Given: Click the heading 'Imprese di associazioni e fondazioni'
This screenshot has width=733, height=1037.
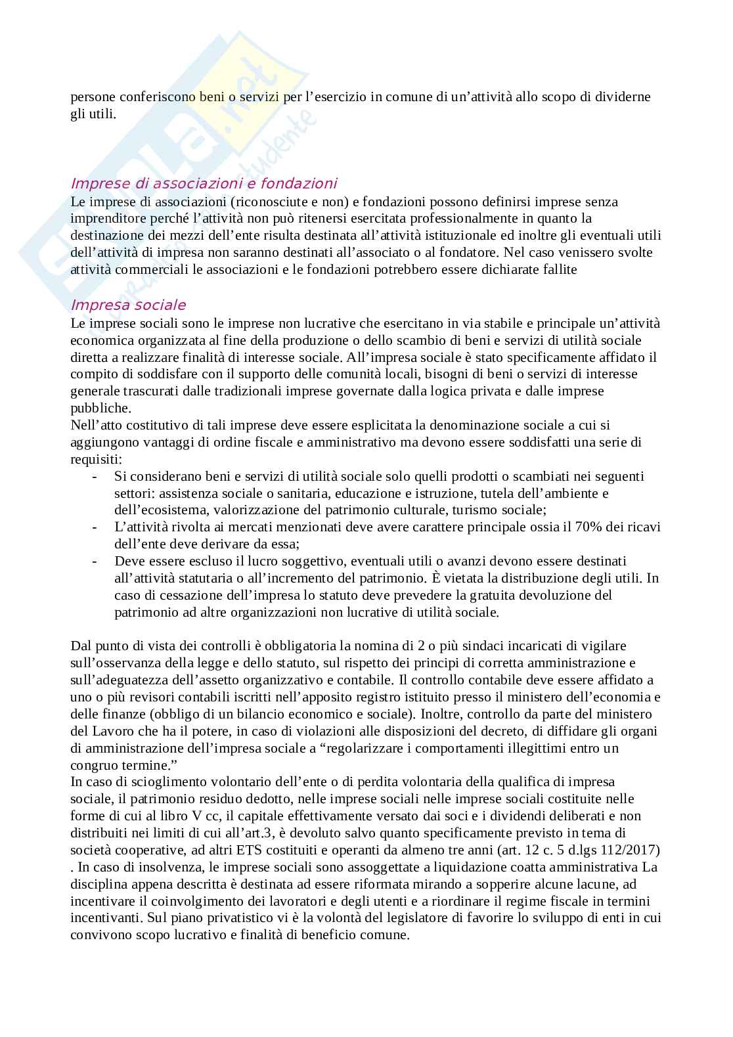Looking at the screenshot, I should pyautogui.click(x=204, y=183).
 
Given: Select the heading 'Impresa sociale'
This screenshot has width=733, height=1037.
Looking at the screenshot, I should pyautogui.click(x=128, y=305).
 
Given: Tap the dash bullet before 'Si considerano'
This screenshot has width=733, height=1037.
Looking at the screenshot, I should pyautogui.click(x=96, y=475).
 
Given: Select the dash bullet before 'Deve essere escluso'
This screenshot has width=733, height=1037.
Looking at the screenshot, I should pyautogui.click(x=96, y=561).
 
